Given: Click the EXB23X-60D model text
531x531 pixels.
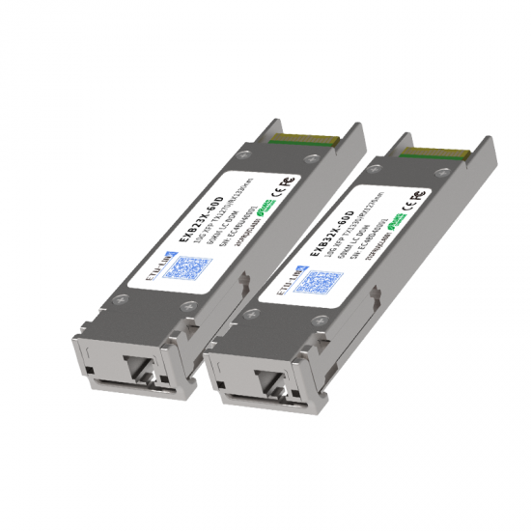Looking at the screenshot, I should coord(206,224).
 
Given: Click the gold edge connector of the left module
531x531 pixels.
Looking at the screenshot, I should coord(307,139).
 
